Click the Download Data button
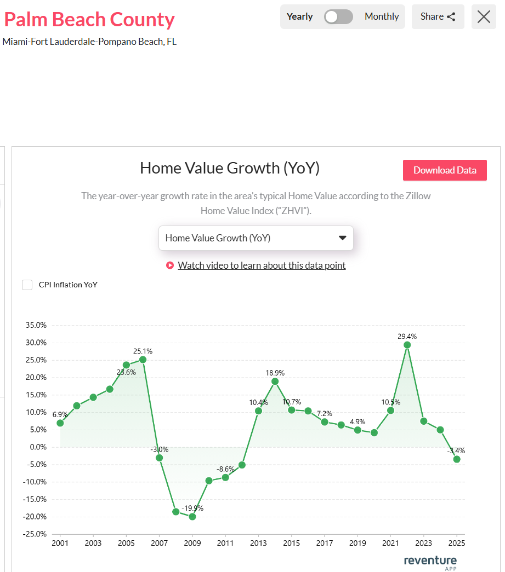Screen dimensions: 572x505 (x=445, y=170)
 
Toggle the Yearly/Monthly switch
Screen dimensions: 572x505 (x=338, y=16)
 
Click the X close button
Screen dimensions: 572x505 (x=484, y=16)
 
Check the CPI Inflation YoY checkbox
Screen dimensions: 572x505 (x=27, y=285)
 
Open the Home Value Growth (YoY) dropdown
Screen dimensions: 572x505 (x=256, y=238)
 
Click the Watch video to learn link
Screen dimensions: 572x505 (x=262, y=265)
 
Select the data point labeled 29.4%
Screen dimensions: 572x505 (x=407, y=345)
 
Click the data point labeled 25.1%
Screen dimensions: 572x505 (x=143, y=360)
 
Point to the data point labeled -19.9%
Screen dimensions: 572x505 (x=192, y=517)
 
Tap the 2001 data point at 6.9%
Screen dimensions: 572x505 (x=60, y=423)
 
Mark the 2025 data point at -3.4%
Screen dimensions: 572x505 (x=457, y=459)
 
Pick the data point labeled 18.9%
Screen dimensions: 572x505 (x=275, y=382)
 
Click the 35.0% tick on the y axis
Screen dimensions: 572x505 (x=36, y=325)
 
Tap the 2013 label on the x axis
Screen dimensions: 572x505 (x=258, y=543)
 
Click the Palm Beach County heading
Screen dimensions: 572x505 (x=89, y=20)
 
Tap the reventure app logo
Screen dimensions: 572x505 (x=430, y=562)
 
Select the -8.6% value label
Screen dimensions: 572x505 (x=225, y=469)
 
